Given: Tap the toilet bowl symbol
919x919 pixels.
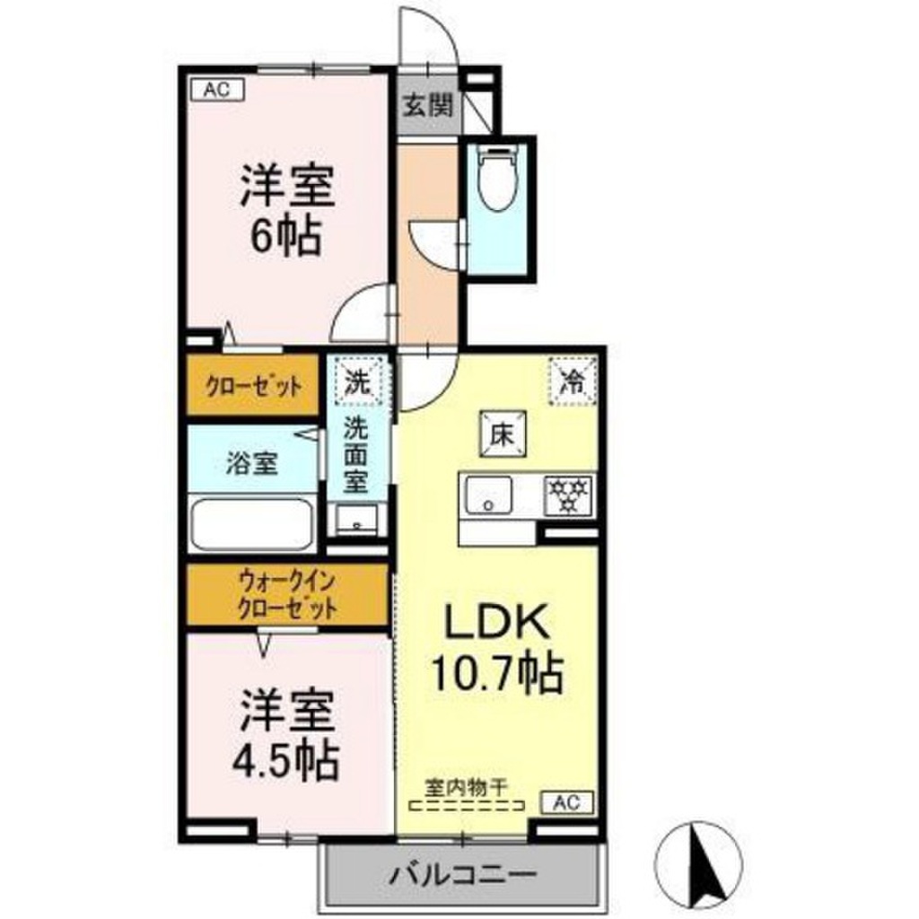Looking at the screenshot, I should pos(496,179).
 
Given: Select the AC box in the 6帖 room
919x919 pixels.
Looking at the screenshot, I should pos(212,89).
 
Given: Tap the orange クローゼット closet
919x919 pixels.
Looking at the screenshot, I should pos(253,387).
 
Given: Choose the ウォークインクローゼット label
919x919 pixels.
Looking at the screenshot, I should pos(286,595).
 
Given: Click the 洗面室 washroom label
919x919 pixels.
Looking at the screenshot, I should pos(357,455).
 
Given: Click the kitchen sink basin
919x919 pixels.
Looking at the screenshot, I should pos(487,494).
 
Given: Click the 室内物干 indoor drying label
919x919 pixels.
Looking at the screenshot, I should pos(466,784).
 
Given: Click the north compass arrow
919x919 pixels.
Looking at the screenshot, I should pos(705,866).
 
